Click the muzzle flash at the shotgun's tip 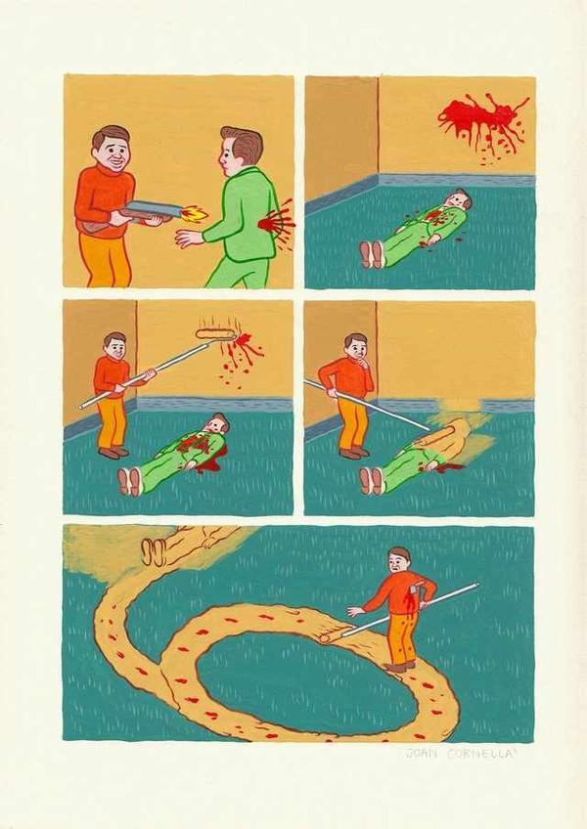tap(194, 212)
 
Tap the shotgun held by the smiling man tap(147, 210)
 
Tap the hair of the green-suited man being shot tap(243, 142)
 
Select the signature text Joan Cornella tap(457, 754)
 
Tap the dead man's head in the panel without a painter tap(459, 201)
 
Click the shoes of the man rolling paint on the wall tap(113, 453)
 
